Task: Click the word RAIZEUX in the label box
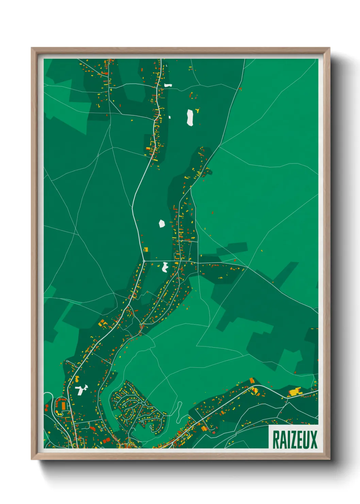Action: (295, 440)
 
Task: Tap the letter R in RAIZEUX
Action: (276, 440)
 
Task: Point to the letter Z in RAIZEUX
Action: (293, 440)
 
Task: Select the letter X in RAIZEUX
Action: (314, 440)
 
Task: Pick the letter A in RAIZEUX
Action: (283, 440)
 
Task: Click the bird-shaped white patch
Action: (81, 390)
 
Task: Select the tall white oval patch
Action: (190, 117)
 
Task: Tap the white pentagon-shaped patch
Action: (162, 224)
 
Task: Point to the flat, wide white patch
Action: (168, 85)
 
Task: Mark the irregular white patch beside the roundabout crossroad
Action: (165, 267)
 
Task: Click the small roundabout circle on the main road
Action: (144, 261)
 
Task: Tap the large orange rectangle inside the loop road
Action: (63, 406)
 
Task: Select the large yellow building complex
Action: (295, 391)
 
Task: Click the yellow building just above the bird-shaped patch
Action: (77, 379)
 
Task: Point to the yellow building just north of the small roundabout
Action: (146, 249)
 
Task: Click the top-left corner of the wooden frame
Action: (32, 48)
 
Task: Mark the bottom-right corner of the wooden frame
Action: (329, 459)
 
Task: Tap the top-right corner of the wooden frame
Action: (329, 48)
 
